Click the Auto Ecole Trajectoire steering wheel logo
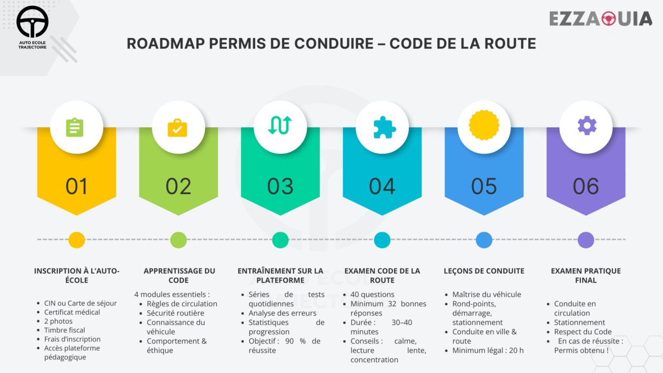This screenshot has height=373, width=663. (x=32, y=22)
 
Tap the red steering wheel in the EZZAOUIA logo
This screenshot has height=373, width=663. (x=608, y=18)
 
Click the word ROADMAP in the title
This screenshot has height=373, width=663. (x=166, y=44)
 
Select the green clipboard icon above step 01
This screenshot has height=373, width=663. (x=75, y=127)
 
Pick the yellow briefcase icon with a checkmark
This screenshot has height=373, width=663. (x=177, y=128)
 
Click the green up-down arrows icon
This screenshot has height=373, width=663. (x=280, y=125)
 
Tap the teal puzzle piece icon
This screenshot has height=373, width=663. (x=384, y=127)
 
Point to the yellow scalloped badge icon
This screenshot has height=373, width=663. (x=484, y=125)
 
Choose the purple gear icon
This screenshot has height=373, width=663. (x=587, y=126)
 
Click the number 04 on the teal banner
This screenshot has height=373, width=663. (x=382, y=186)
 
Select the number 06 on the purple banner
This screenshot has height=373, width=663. (x=586, y=186)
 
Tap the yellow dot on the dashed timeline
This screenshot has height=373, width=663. (x=77, y=240)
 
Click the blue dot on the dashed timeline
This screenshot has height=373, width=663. (x=484, y=240)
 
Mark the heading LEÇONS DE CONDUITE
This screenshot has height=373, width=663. (x=484, y=271)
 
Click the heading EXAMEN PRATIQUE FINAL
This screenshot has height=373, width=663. (x=586, y=276)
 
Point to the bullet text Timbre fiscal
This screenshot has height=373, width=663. (x=65, y=330)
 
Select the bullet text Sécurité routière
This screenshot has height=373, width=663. (x=176, y=313)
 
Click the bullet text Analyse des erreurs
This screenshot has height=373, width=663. (x=283, y=313)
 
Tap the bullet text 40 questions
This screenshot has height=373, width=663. (x=373, y=295)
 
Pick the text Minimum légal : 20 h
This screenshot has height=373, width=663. (x=488, y=350)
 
